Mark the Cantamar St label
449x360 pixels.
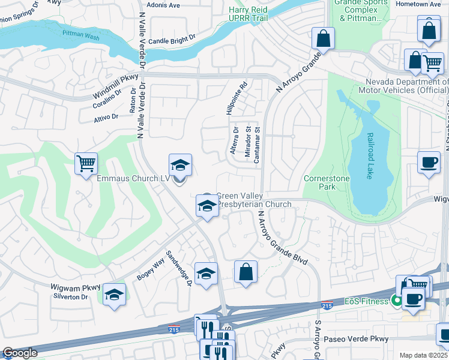257,150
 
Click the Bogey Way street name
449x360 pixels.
151,267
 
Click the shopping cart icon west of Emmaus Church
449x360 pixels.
86,163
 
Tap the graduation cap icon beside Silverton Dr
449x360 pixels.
114,295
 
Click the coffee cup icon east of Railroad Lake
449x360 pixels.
429,163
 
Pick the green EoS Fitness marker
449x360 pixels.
396,300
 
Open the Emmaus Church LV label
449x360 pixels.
133,178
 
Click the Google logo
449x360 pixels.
20,353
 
